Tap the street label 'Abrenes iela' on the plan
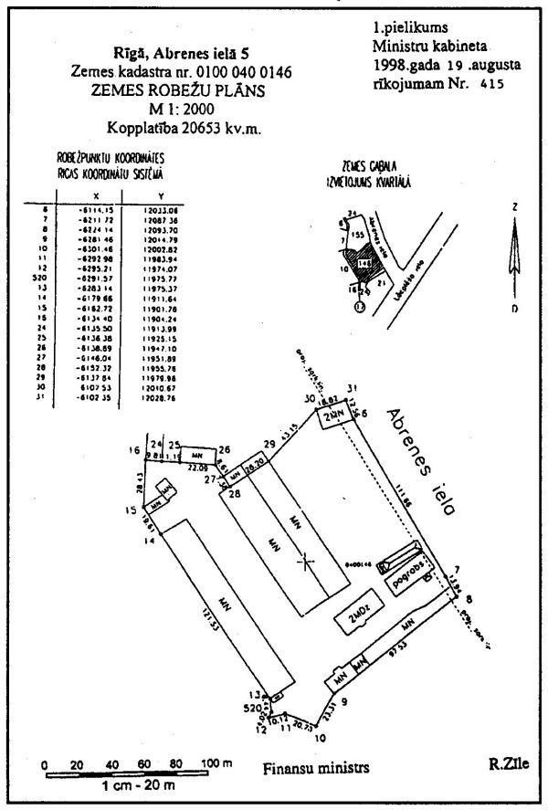[x=420, y=463]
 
